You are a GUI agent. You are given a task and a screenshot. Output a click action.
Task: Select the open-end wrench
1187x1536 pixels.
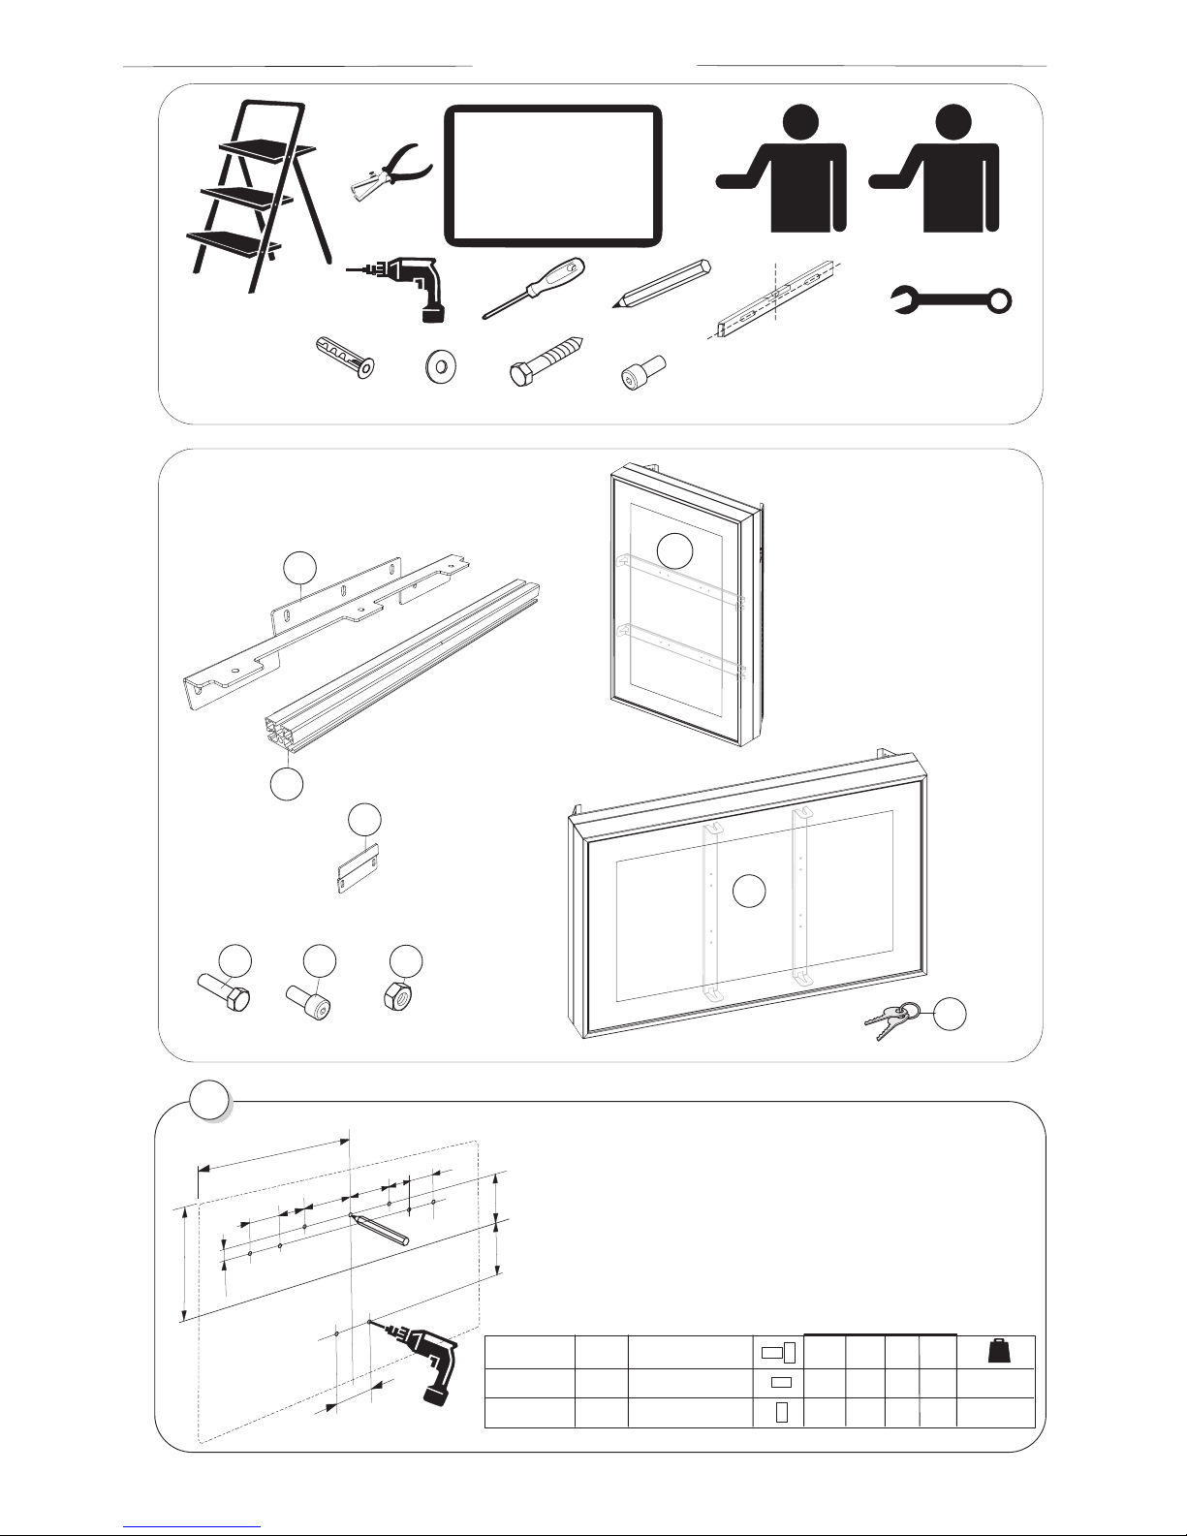coord(951,301)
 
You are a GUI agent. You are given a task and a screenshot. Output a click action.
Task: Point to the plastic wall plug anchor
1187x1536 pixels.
coord(346,359)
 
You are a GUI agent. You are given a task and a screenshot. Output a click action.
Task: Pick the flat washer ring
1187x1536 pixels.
coord(442,367)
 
